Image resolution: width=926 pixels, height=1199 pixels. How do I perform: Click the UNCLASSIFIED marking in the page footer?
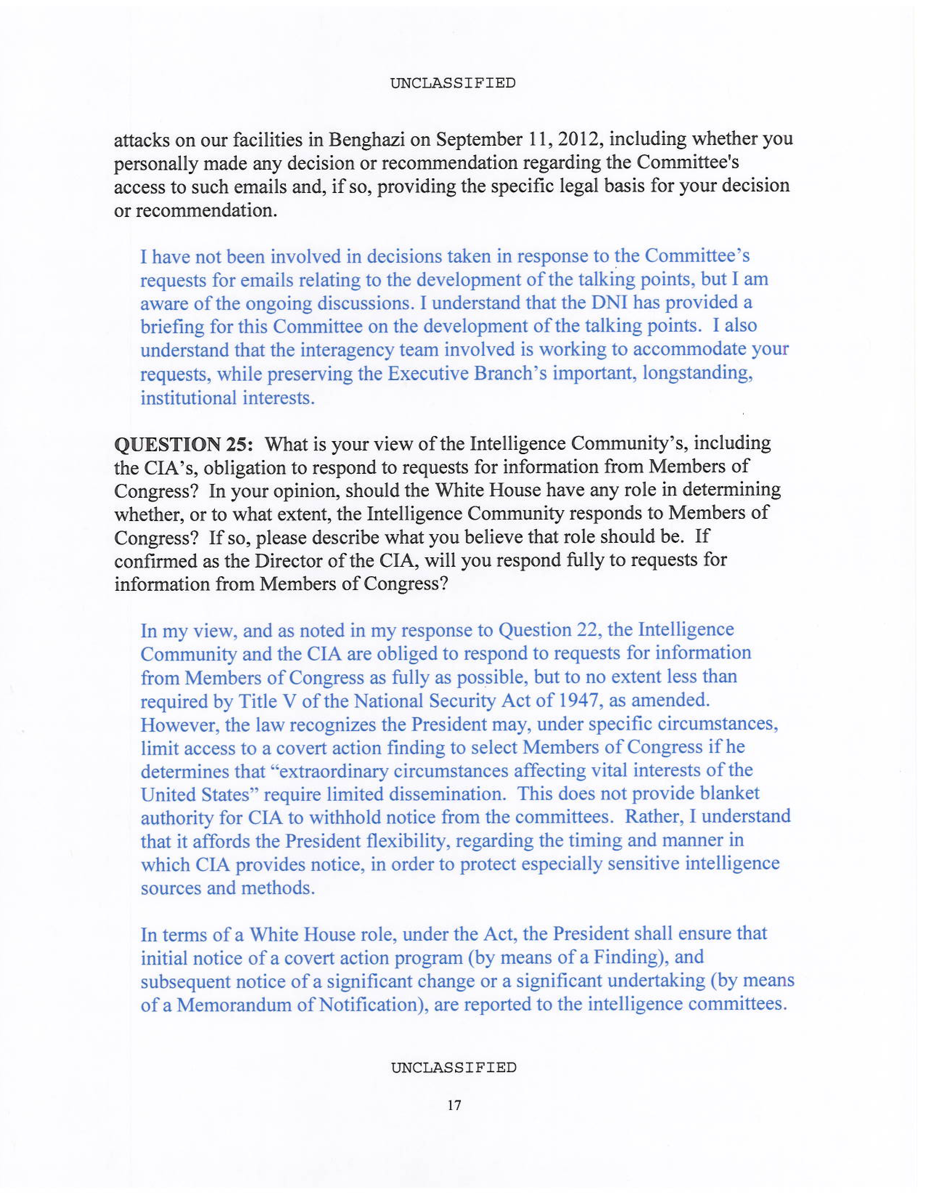click(x=453, y=1067)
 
